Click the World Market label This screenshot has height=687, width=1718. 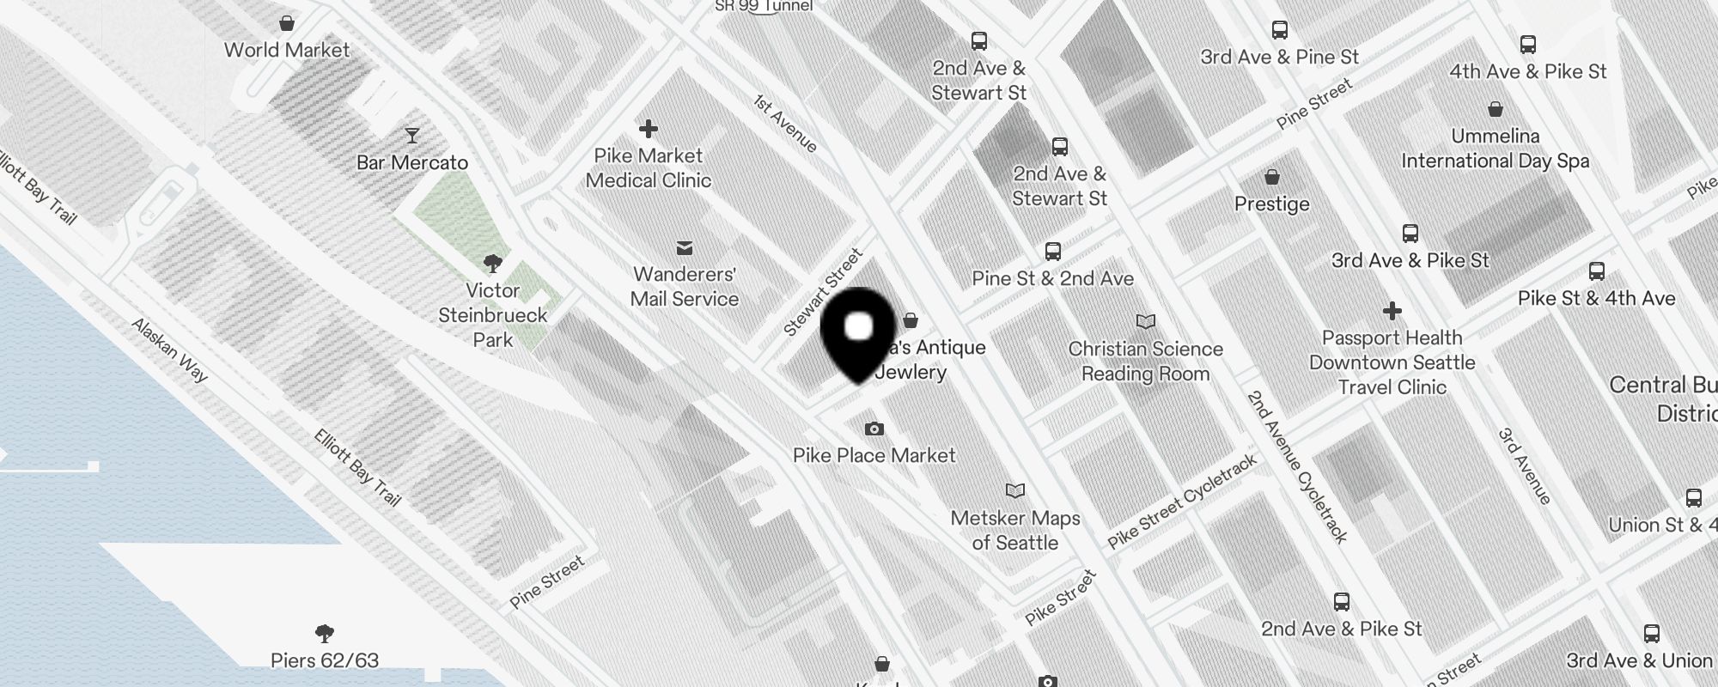[286, 50]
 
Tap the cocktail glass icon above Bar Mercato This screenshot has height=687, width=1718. [412, 135]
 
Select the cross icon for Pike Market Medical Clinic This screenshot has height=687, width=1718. [649, 130]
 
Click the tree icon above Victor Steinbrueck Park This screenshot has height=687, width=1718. [493, 263]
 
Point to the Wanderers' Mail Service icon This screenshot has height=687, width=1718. [685, 248]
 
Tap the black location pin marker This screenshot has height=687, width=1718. [859, 331]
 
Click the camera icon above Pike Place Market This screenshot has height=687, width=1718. [874, 429]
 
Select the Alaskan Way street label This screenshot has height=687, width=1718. [169, 350]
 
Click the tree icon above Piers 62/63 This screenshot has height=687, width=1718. [325, 634]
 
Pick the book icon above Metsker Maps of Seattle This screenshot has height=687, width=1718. [1015, 491]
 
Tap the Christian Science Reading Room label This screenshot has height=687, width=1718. [1145, 361]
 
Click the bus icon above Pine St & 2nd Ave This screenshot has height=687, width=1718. [1053, 252]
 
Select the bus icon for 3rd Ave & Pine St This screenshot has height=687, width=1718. [1280, 31]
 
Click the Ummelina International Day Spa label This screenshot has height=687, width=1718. [1495, 149]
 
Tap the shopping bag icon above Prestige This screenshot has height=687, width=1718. [1272, 178]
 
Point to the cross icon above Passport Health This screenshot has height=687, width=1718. [1392, 311]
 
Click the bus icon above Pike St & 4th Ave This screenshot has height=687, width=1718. [1597, 272]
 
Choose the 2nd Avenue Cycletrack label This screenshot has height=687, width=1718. [1297, 465]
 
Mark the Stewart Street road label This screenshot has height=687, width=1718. [822, 292]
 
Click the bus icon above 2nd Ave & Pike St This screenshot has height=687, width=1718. [1342, 602]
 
